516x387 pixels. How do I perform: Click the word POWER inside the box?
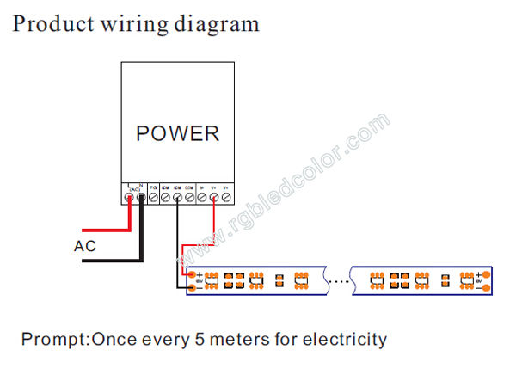[178, 134]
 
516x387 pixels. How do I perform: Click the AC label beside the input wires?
[85, 247]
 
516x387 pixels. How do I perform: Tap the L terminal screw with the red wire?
[129, 198]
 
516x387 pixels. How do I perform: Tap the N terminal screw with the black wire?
[141, 198]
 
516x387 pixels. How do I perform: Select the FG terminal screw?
[153, 198]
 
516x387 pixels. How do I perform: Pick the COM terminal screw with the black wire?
[177, 198]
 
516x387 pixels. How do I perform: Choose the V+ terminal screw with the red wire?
[213, 198]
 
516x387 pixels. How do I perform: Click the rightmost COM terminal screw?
[189, 198]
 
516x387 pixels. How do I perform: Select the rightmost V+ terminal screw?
[225, 198]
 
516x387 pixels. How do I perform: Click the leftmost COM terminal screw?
[165, 198]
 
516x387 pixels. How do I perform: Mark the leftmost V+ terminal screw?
[201, 198]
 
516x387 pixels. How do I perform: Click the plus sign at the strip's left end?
[199, 275]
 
